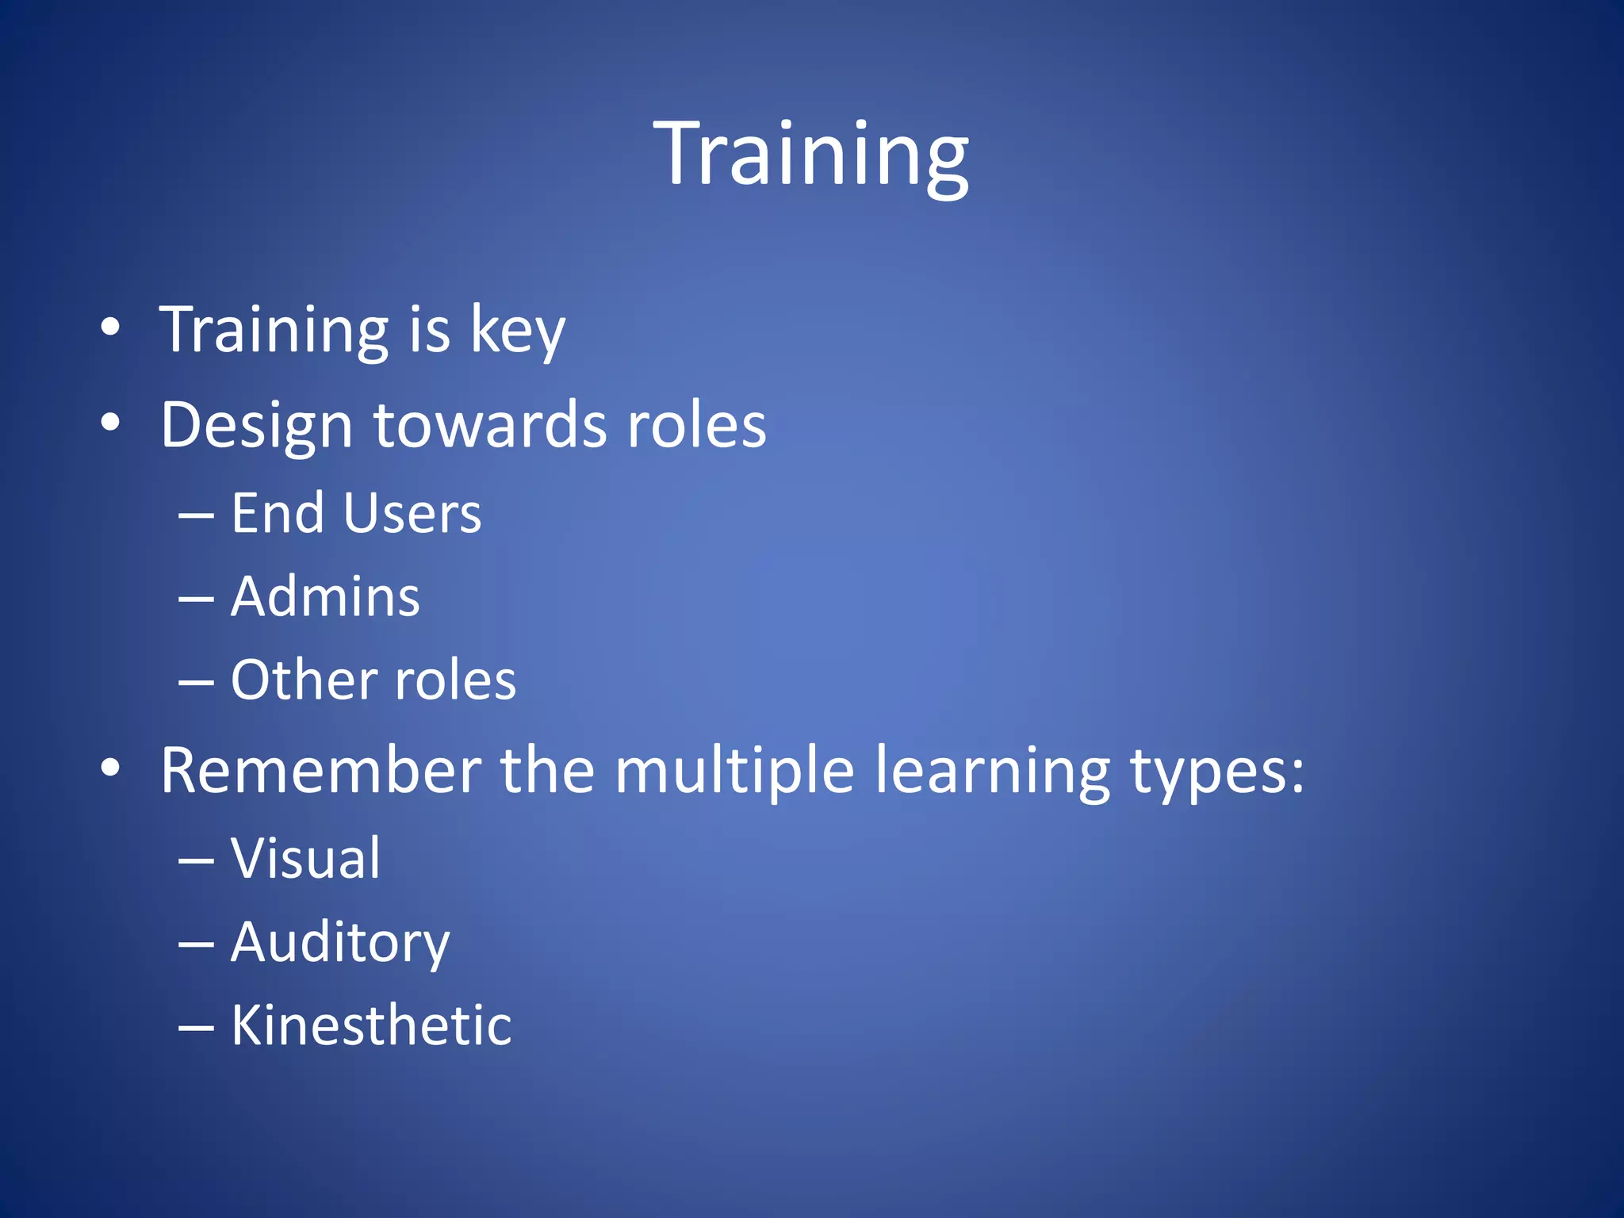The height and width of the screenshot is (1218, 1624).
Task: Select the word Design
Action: [256, 426]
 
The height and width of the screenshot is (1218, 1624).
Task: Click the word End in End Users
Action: [278, 513]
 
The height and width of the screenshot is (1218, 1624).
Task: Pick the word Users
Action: [412, 513]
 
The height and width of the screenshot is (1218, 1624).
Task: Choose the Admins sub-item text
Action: [325, 596]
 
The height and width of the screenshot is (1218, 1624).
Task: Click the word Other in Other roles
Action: [301, 680]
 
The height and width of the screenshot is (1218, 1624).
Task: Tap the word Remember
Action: [320, 770]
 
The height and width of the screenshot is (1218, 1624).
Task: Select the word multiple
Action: [734, 771]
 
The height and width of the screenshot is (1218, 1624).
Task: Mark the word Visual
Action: [305, 858]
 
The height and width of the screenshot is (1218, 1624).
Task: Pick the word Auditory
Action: [340, 943]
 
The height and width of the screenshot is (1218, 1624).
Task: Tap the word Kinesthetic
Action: [371, 1025]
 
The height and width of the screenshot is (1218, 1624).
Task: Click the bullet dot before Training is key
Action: [110, 327]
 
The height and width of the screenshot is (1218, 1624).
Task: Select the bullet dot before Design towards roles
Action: [110, 423]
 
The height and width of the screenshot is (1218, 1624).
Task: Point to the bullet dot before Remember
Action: [110, 768]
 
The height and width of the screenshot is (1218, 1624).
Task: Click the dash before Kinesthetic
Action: [196, 1028]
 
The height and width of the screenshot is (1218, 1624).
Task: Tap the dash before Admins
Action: [196, 599]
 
